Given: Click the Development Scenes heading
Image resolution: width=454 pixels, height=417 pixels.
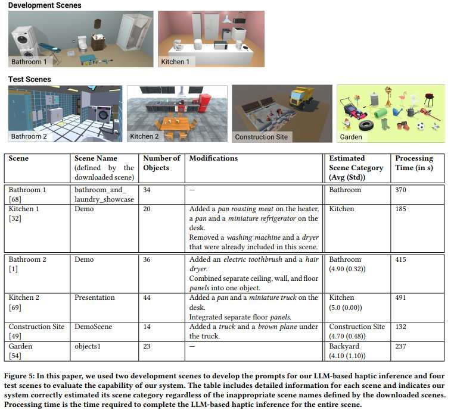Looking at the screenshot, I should [x=45, y=5].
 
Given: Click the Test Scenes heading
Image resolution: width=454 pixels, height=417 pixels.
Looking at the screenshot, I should [x=30, y=79].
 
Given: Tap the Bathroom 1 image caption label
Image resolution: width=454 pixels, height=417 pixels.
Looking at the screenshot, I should [x=29, y=61].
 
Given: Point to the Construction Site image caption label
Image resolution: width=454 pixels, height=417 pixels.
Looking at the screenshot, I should [x=261, y=137].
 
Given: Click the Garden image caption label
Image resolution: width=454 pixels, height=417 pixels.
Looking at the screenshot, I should [x=350, y=137].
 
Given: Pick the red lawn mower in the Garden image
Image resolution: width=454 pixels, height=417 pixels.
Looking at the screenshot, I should [x=352, y=109].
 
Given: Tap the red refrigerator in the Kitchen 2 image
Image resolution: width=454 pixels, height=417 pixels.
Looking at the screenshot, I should [x=204, y=102].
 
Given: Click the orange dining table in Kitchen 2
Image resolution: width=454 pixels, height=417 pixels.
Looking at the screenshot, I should [x=175, y=124].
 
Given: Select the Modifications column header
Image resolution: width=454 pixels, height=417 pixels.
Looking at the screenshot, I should [x=213, y=158].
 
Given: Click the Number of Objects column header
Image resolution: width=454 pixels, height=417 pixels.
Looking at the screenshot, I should [x=161, y=163].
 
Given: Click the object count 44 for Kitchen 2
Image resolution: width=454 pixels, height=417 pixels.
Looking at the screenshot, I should [x=147, y=297].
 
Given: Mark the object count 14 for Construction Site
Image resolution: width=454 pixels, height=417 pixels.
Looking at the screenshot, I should [x=147, y=327].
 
